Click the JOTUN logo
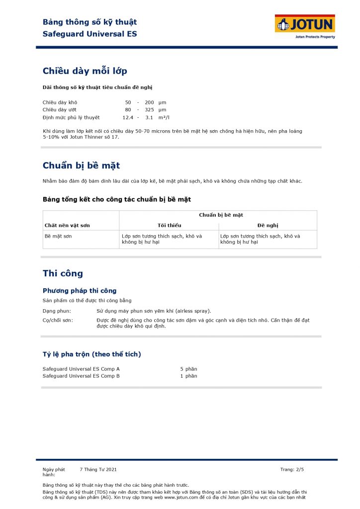coord(305,25)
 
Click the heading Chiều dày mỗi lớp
coord(85,71)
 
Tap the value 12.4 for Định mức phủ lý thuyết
coord(128,117)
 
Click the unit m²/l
coord(164,117)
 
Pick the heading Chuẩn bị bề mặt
coord(81,166)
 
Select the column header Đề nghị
coord(268,225)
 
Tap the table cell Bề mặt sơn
coord(58,236)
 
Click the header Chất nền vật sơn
coord(67,225)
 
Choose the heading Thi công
coord(63,273)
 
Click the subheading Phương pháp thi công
coord(80,291)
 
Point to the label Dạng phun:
coord(57,311)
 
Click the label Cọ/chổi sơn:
coord(58,320)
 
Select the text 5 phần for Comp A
coord(188,369)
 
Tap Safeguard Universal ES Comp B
coord(81,376)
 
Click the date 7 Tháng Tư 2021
coord(98,469)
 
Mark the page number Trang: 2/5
coord(292,469)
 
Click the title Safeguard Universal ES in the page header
coord(90,34)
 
